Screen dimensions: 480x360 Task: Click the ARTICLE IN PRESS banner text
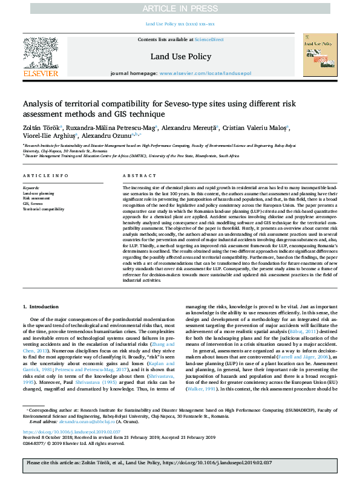[180, 8]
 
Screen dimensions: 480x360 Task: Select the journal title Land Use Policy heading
[180, 57]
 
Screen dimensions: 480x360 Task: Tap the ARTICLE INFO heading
[41, 176]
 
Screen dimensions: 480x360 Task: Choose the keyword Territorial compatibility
[43, 209]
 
